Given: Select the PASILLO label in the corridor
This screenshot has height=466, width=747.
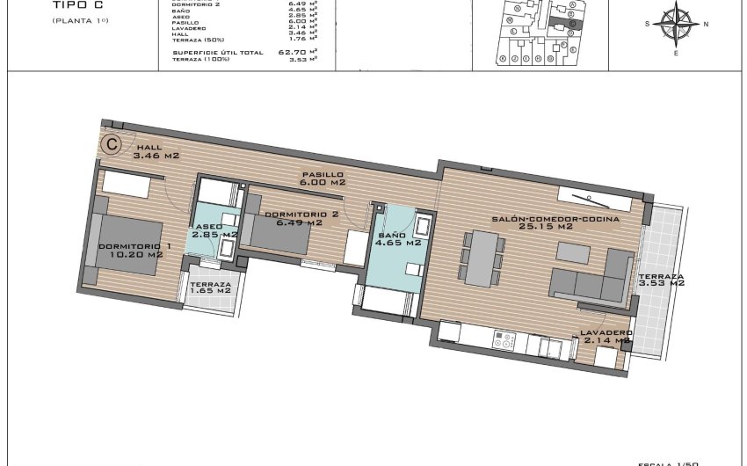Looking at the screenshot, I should pos(323,174).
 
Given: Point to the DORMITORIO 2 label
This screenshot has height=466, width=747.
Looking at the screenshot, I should pos(301,215).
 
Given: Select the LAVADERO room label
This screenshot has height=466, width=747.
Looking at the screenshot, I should pos(605,333).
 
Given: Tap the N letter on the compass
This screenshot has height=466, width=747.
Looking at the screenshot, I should pos(707,24).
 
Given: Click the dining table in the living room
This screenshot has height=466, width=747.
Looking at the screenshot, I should pos(482,258).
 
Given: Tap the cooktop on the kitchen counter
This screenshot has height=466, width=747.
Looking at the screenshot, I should pos(504,339).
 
